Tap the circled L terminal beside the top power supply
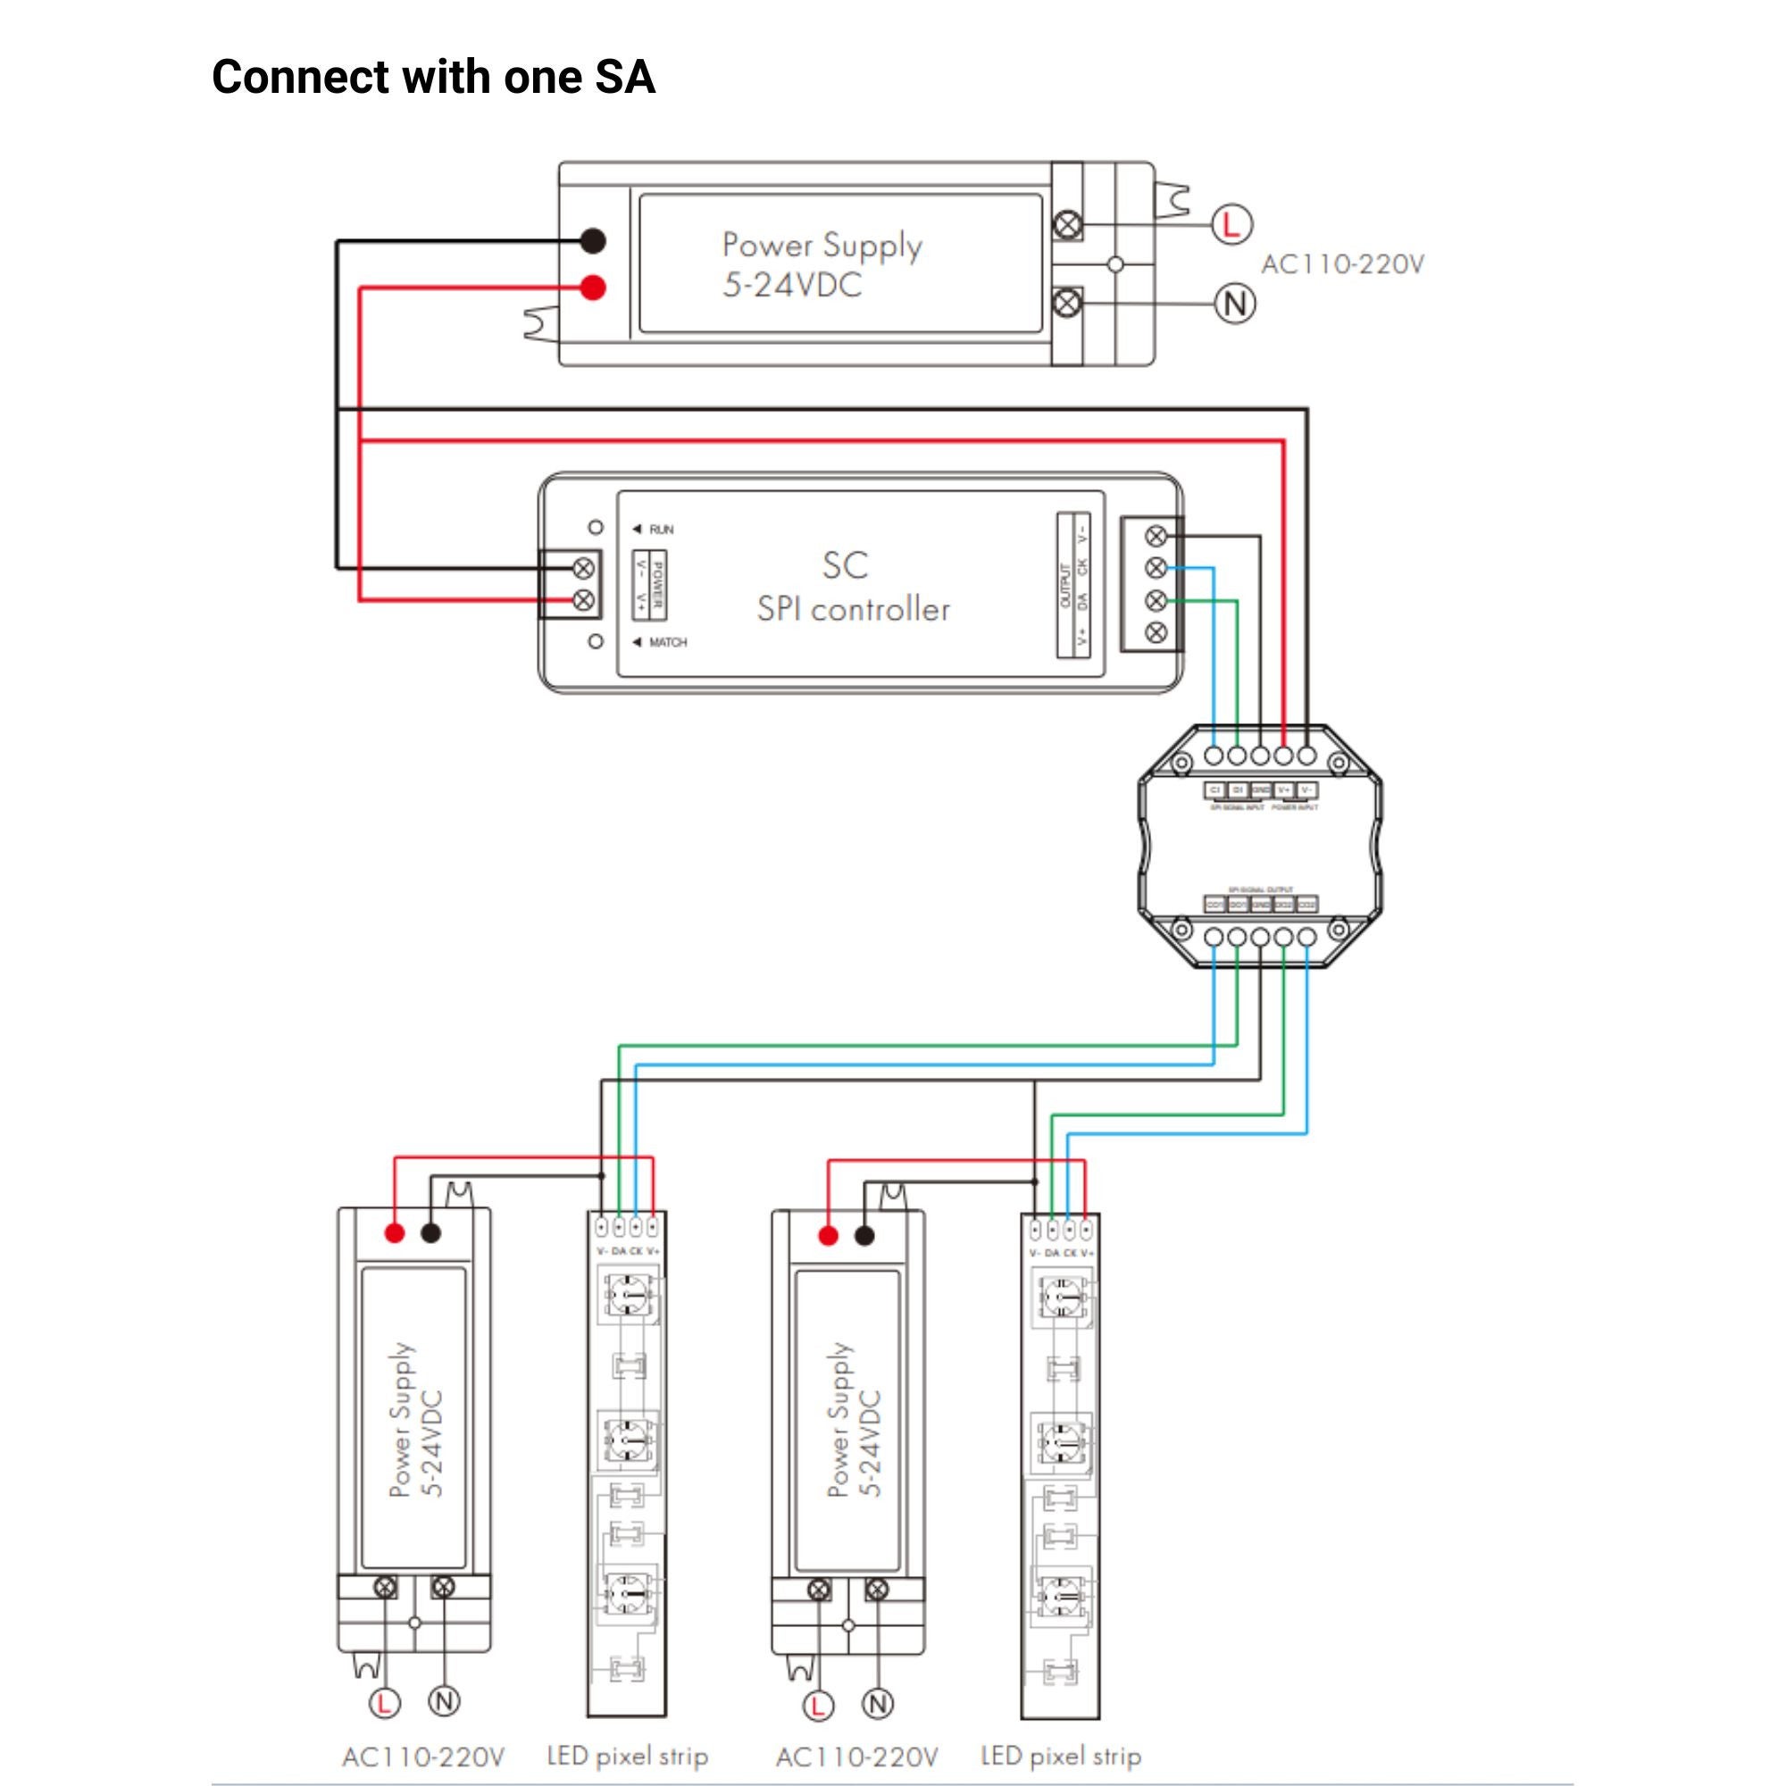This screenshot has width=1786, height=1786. pyautogui.click(x=1231, y=225)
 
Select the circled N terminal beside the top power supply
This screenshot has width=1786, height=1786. pyautogui.click(x=1234, y=305)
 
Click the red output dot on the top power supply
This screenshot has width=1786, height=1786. pyautogui.click(x=593, y=288)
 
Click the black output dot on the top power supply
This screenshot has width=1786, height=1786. pyautogui.click(x=593, y=241)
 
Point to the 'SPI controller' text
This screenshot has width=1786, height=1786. pyautogui.click(x=853, y=609)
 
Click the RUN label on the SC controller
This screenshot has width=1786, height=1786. pyautogui.click(x=661, y=530)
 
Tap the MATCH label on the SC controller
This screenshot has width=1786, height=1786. pyautogui.click(x=667, y=642)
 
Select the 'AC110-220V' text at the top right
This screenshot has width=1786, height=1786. pyautogui.click(x=1342, y=265)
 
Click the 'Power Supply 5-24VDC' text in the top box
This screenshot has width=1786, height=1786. pyautogui.click(x=821, y=264)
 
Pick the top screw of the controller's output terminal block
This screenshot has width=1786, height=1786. pyautogui.click(x=1156, y=536)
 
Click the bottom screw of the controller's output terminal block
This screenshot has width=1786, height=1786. pyautogui.click(x=1156, y=633)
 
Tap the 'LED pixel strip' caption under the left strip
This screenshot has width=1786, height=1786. pyautogui.click(x=627, y=1756)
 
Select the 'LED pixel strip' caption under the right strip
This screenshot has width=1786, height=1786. pyautogui.click(x=1060, y=1756)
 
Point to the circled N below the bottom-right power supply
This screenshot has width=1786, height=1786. pyautogui.click(x=877, y=1704)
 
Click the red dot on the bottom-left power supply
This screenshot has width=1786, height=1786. pyautogui.click(x=395, y=1232)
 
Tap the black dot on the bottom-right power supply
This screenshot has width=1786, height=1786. pyautogui.click(x=864, y=1236)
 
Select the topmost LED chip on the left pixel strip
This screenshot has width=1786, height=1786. pyautogui.click(x=628, y=1295)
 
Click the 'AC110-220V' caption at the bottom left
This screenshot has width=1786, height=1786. pyautogui.click(x=423, y=1757)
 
